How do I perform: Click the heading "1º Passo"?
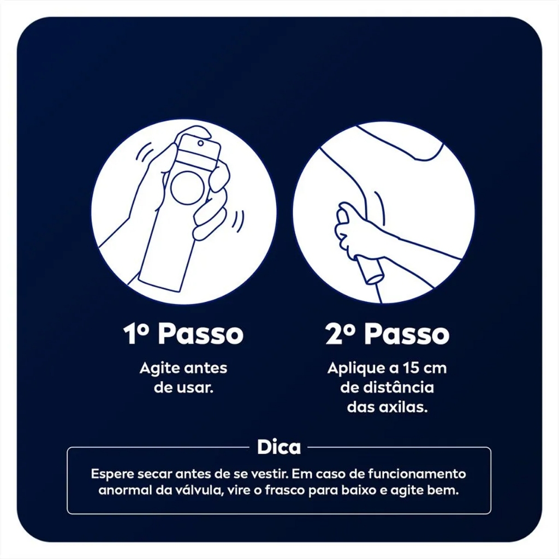coord(183,334)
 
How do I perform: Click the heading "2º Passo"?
coord(387,334)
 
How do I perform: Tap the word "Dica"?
coord(279,447)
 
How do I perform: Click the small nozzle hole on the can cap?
coord(201,144)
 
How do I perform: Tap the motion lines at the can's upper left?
coord(144,152)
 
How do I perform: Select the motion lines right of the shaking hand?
coord(238,219)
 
